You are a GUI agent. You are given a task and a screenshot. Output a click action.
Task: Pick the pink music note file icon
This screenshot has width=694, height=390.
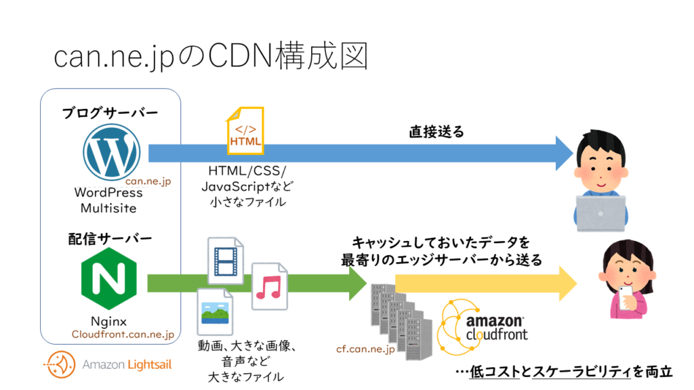pos(269,286)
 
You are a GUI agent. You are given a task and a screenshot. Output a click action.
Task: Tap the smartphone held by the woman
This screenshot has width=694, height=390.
pos(627,296)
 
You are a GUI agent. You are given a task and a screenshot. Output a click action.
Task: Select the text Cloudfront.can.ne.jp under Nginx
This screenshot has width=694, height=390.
pos(123,334)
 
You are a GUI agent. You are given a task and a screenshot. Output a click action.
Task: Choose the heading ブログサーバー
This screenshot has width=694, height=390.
pos(110,113)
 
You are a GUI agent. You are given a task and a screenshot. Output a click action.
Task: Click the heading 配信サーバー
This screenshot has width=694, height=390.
pos(109,238)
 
